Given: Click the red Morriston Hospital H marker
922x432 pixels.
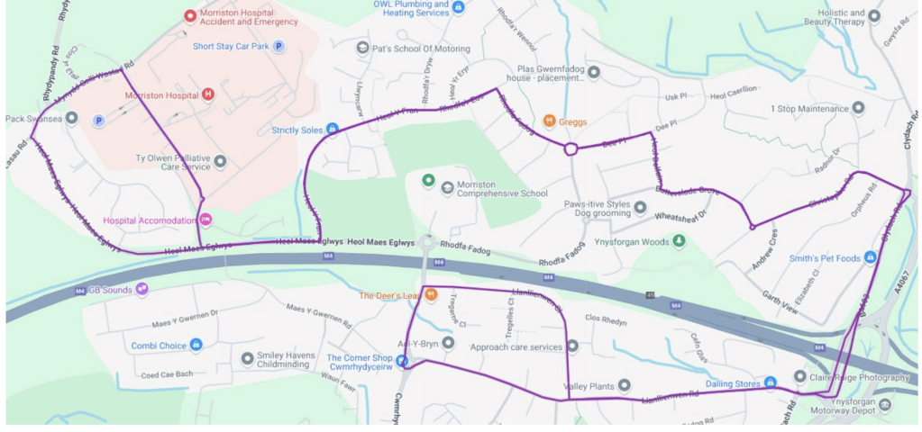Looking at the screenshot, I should click(x=208, y=94).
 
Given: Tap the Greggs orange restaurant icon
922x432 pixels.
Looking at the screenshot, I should click(x=549, y=121).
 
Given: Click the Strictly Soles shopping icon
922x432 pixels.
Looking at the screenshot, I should click(x=332, y=130).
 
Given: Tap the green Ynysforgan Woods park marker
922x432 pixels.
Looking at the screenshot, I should click(x=679, y=240).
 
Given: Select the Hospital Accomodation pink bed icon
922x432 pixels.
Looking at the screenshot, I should click(x=205, y=220).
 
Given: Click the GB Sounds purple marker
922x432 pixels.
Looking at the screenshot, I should click(x=141, y=289).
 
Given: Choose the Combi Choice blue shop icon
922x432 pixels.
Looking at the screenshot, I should click(x=196, y=345).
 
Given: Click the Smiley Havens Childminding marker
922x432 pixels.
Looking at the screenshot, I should click(x=247, y=359).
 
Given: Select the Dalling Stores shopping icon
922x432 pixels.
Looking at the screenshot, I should click(x=771, y=382).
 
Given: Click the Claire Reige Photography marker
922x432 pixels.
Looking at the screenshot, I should click(x=799, y=376).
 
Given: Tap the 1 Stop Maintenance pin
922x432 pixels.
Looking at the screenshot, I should click(x=858, y=108).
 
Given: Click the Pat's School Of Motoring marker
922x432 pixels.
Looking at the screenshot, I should click(x=362, y=47).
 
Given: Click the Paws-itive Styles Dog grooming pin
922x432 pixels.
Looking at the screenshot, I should click(x=640, y=209).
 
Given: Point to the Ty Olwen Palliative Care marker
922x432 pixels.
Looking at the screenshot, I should click(x=220, y=161).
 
